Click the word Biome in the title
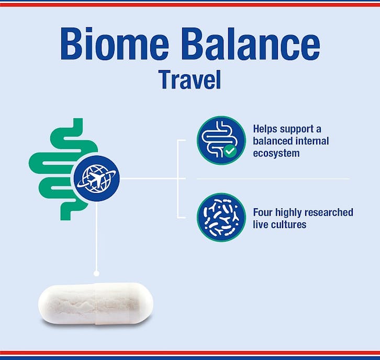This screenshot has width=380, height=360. [115, 43]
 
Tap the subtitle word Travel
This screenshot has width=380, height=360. [190, 80]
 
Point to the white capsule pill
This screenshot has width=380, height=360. [96, 304]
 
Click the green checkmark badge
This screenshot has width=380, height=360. [230, 151]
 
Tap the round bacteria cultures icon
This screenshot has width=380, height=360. [221, 217]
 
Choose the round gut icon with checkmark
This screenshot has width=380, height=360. [221, 141]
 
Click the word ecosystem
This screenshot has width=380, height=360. [276, 153]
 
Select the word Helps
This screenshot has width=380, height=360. [265, 129]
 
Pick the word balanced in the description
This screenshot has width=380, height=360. [273, 141]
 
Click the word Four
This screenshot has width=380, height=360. [263, 212]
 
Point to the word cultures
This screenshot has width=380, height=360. [288, 224]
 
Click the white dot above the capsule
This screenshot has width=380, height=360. [96, 274]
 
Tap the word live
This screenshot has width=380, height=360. [261, 224]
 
